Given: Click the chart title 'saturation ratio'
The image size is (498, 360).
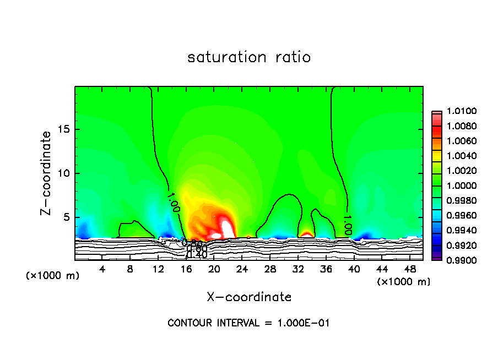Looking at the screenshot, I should (249, 57).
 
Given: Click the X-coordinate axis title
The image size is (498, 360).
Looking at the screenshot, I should (249, 297).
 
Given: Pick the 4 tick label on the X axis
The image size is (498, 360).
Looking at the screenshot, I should (102, 269).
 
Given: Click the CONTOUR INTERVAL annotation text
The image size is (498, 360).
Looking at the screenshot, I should (248, 323).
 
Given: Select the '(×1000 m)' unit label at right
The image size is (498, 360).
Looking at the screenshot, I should (404, 282).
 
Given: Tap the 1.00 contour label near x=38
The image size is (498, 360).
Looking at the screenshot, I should (347, 225).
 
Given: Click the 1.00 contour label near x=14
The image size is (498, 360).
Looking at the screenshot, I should (173, 201).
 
